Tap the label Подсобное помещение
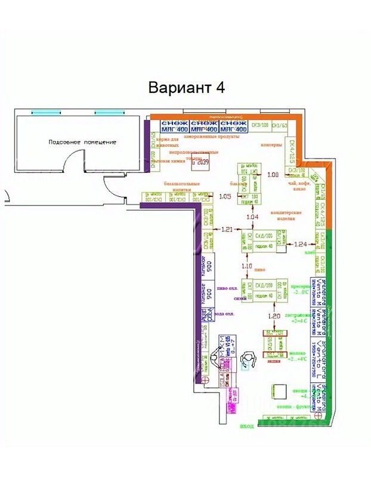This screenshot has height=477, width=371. pos(83,142)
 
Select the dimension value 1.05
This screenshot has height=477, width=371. pos(225,196)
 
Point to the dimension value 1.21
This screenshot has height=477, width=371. pos(227,229)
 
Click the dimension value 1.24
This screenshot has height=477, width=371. pos(302,244)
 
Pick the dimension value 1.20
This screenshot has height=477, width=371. pos(274,315)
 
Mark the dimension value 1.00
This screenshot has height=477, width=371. pos(273,175)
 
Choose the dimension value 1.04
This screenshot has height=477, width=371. pos(252,218)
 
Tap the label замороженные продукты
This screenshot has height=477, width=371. pos(211,137)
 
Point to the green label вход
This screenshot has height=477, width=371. pos(248,426)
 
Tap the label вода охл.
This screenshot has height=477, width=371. pos(223,313)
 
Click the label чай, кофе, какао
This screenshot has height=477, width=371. pos(298,187)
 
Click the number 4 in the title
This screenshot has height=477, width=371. pos(221,88)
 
